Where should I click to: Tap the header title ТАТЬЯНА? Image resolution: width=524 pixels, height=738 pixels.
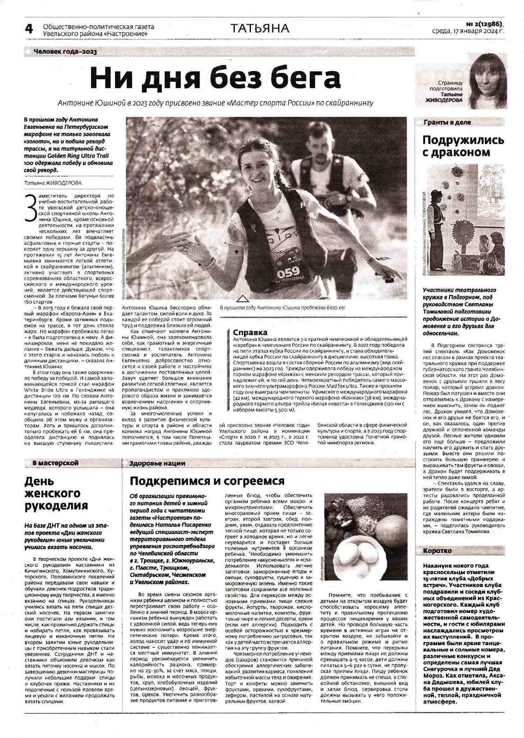coord(260,29)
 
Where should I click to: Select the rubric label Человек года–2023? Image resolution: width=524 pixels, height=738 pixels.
coord(65,52)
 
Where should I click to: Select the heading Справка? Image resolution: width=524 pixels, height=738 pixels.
coord(250,332)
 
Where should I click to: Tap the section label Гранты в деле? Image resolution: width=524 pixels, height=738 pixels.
coord(447,122)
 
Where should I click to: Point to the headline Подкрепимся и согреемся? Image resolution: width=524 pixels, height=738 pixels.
coord(207,481)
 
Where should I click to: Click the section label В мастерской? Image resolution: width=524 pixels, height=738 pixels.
coord(55,463)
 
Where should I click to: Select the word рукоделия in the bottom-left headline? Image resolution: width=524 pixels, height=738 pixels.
coord(56,506)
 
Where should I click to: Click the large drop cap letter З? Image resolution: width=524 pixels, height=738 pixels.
coord(31,208)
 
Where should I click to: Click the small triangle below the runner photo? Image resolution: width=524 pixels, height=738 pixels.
coord(243,298)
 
